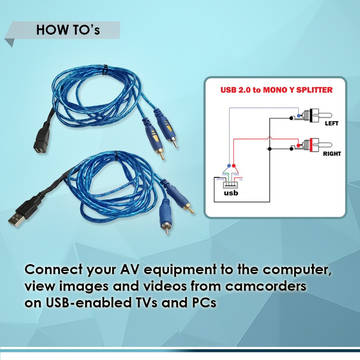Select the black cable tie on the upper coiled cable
[104, 70]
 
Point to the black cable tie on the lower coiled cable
[116, 158]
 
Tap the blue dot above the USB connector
[229, 165]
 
